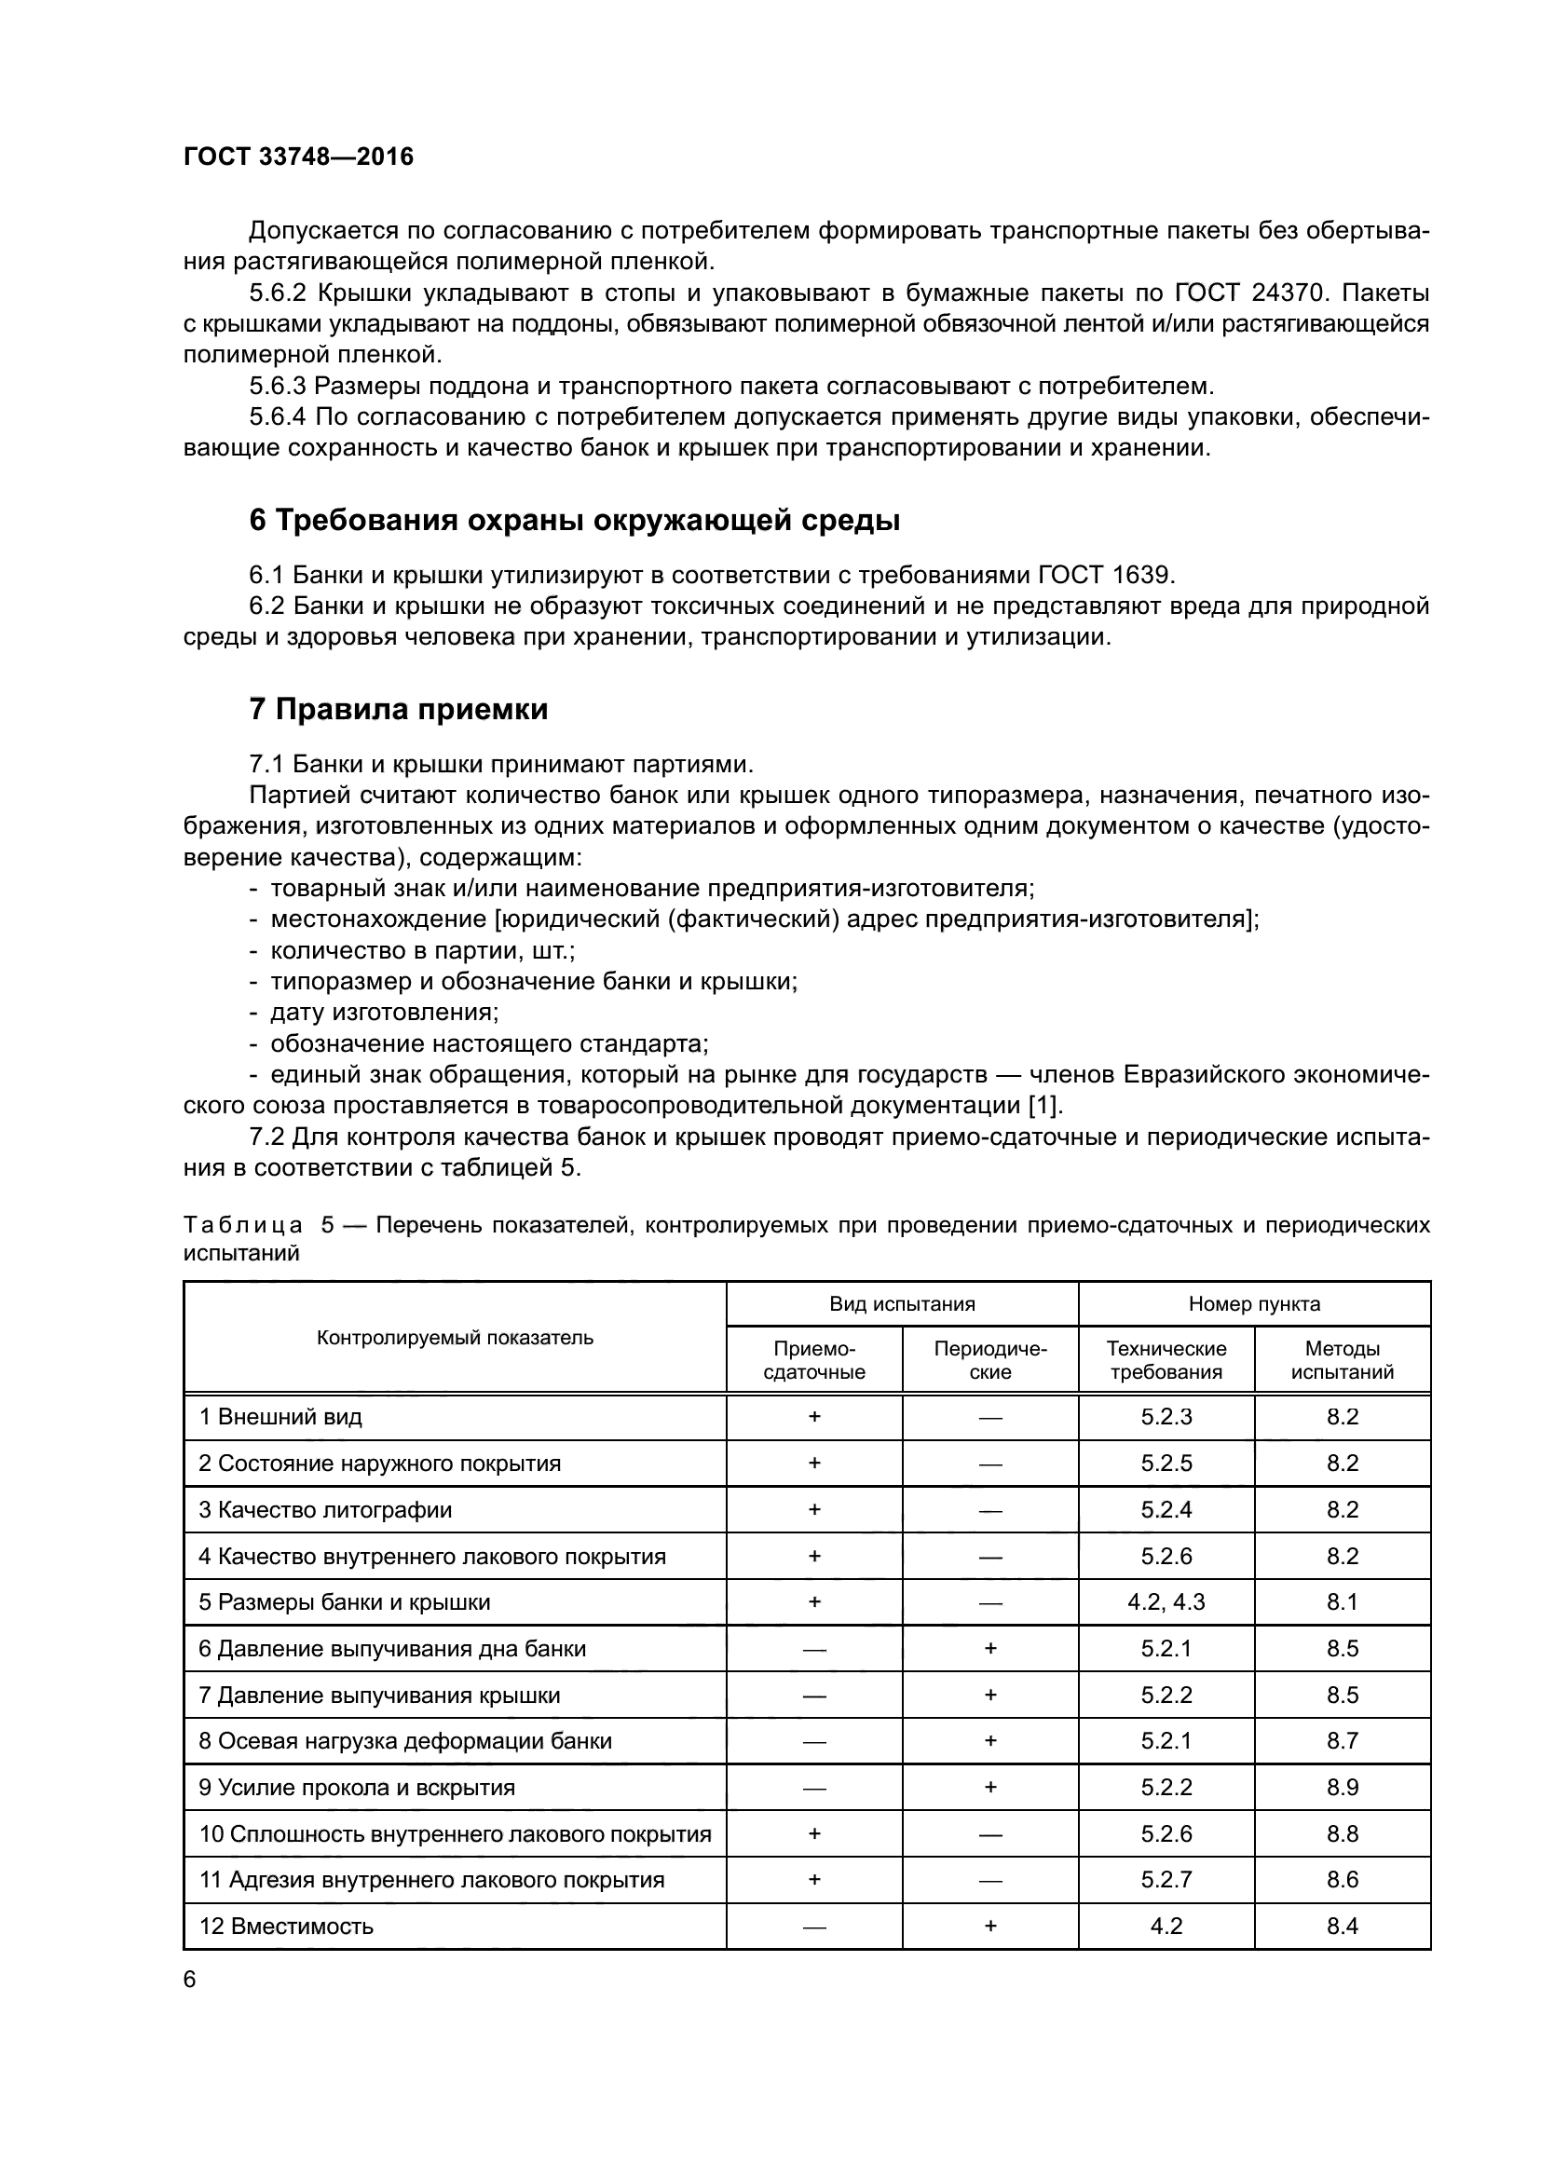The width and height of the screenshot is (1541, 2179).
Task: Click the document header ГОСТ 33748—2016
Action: coord(298,157)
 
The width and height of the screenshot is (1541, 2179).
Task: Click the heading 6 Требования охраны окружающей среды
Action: coord(574,520)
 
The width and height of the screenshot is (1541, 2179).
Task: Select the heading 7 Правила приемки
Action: coord(399,709)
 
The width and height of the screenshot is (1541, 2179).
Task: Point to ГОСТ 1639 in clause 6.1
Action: coord(1106,575)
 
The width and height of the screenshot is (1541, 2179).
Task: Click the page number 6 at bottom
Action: coord(190,1980)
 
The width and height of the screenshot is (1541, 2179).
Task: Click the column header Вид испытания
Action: coord(902,1304)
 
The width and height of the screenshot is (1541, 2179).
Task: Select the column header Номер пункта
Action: coord(1253,1304)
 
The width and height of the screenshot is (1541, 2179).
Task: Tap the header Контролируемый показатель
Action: coord(455,1338)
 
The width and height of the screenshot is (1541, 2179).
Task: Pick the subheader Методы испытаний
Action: coord(1342,1360)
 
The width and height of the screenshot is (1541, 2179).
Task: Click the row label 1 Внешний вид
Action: coord(280,1417)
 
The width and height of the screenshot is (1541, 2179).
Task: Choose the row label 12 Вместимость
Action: coord(286,1927)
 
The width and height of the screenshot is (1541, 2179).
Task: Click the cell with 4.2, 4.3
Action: coord(1166,1602)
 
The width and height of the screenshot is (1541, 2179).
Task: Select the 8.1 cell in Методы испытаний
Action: coord(1342,1602)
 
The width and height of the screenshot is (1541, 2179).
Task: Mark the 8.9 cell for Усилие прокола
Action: coord(1342,1788)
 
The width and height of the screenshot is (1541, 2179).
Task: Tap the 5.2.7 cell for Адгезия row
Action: coord(1166,1880)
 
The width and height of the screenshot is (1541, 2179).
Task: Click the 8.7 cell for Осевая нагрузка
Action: coord(1342,1741)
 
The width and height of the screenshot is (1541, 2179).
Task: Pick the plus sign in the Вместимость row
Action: coord(989,1926)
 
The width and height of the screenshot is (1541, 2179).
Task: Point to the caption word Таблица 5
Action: coord(257,1225)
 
